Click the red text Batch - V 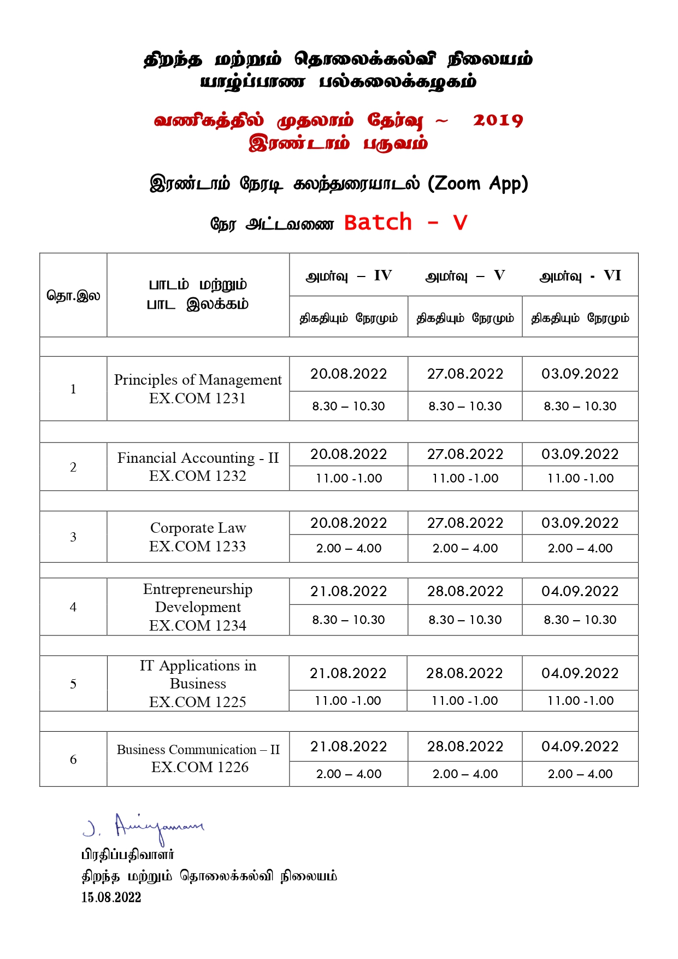[x=405, y=222]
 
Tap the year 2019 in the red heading [x=498, y=120]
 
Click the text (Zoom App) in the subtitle [x=478, y=184]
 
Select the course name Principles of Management [x=198, y=380]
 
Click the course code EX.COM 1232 [x=198, y=476]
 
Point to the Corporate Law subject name [x=198, y=528]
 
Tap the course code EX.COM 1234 [x=198, y=625]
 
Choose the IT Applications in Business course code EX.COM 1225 [x=198, y=702]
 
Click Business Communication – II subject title [x=198, y=750]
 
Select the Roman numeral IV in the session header [x=383, y=275]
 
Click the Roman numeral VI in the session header [x=612, y=275]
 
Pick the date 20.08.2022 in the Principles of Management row [x=349, y=374]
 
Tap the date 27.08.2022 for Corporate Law [x=465, y=523]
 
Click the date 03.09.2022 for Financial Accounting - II [x=580, y=454]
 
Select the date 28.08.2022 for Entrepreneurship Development [x=465, y=591]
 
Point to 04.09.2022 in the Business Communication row [x=580, y=746]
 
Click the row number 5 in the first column [x=73, y=684]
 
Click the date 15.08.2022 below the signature [x=111, y=897]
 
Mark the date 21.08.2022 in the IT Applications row [x=349, y=673]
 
